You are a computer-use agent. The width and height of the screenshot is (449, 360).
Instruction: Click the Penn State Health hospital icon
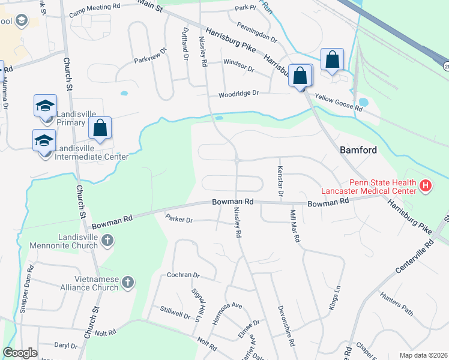pyautogui.click(x=426, y=186)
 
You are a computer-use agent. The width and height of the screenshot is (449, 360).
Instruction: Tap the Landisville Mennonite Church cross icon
pyautogui.click(x=107, y=241)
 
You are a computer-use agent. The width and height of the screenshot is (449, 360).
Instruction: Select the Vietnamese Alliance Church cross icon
pyautogui.click(x=127, y=282)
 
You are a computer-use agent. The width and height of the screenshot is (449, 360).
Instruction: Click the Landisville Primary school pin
pyautogui.click(x=46, y=107)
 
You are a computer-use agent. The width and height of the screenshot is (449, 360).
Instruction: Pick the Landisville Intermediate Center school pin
pyautogui.click(x=44, y=141)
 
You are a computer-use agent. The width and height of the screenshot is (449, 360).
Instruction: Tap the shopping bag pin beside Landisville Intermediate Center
pyautogui.click(x=100, y=128)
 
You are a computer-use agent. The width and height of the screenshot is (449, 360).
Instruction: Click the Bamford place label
pyautogui.click(x=358, y=150)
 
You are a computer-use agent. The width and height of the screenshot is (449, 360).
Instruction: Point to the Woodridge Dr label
pyautogui.click(x=238, y=94)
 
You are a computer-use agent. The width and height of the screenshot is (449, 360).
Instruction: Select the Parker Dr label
pyautogui.click(x=179, y=220)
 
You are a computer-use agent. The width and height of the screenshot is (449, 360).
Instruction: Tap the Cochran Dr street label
pyautogui.click(x=183, y=275)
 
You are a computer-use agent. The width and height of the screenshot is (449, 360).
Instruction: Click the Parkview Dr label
pyautogui.click(x=149, y=56)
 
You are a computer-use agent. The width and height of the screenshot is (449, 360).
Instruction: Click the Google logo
pyautogui.click(x=20, y=353)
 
